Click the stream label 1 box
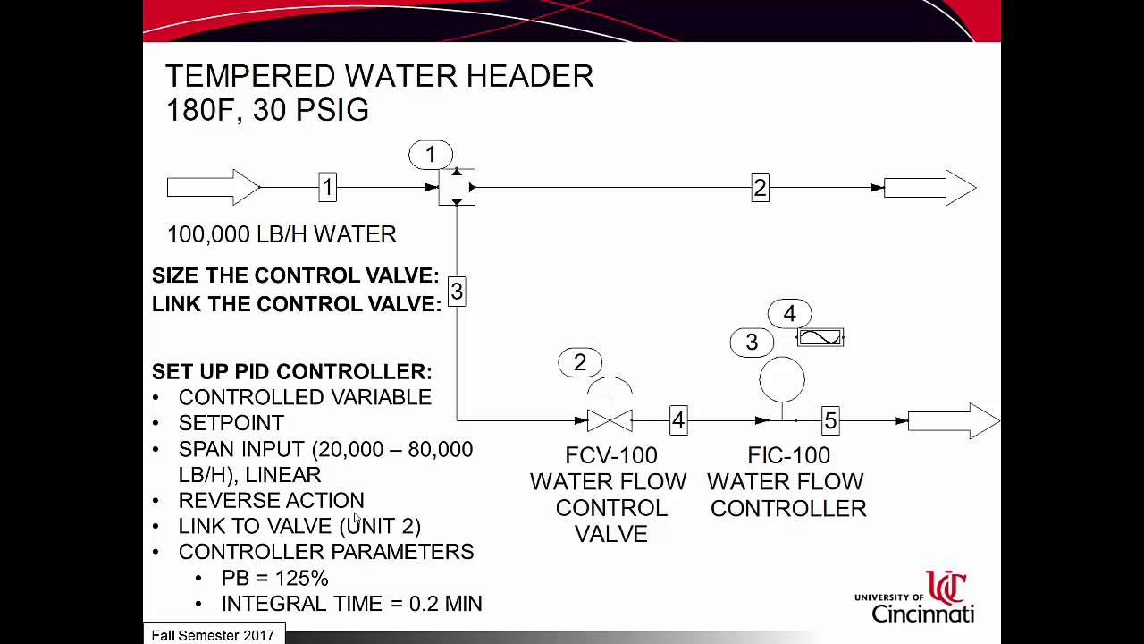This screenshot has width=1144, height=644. point(327,187)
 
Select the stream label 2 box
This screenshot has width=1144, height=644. point(760,188)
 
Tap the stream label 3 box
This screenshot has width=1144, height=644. point(457,292)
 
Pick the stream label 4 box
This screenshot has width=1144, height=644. point(678,420)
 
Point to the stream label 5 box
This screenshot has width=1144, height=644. point(830,420)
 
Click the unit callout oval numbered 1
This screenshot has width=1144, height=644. point(431,155)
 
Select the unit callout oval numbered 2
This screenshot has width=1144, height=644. point(580,362)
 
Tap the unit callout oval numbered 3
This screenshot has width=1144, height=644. point(752,343)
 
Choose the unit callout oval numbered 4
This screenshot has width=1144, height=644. point(789,314)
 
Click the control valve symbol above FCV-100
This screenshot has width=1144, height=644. point(610,407)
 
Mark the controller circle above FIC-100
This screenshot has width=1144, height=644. point(782,379)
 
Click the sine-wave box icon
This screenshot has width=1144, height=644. point(820,338)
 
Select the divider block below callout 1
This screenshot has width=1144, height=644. point(457,188)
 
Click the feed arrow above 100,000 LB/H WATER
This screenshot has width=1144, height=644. point(213,188)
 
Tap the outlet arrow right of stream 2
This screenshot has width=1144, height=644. point(929,188)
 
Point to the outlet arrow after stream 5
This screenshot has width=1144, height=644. point(953,420)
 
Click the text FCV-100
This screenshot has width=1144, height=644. point(611,456)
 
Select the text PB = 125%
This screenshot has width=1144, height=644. point(274,578)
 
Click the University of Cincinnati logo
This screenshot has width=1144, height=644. point(915,597)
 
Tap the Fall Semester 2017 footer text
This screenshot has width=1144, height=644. point(213,635)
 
